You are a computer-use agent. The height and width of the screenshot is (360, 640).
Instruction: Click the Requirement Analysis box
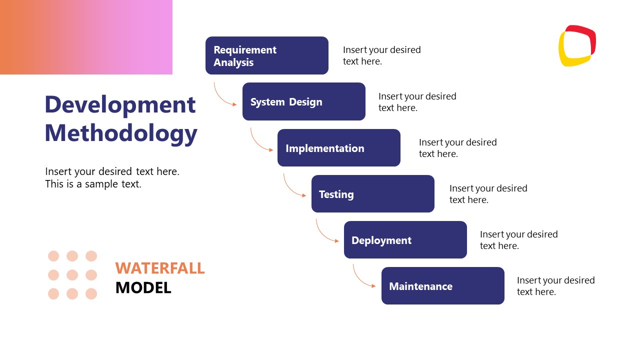tap(266, 55)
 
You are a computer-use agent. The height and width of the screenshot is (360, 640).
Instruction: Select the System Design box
tap(303, 101)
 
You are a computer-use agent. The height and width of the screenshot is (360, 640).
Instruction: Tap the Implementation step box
tap(338, 148)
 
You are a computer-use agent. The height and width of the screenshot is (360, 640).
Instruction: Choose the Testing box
tap(372, 194)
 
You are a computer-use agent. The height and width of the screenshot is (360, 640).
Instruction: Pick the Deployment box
tap(405, 240)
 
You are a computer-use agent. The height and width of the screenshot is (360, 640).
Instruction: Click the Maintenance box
tap(442, 286)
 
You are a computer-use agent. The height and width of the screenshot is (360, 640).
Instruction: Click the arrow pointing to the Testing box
tap(291, 188)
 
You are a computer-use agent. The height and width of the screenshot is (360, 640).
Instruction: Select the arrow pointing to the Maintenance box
tap(360, 279)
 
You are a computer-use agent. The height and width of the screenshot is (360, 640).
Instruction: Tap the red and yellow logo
tap(577, 45)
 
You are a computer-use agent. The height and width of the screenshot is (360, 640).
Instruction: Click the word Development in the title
tap(120, 104)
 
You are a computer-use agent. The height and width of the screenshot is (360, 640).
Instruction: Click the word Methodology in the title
tap(121, 133)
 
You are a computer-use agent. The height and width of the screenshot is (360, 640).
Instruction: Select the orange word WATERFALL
tap(160, 268)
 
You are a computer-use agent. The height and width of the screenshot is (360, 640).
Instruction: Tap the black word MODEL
tap(143, 287)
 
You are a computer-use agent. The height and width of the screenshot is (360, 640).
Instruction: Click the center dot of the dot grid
tap(72, 275)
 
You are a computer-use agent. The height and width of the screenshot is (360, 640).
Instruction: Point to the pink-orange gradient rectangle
tap(86, 37)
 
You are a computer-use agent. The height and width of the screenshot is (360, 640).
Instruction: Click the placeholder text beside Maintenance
tap(555, 286)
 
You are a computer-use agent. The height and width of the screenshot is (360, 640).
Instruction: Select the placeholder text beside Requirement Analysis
tap(381, 55)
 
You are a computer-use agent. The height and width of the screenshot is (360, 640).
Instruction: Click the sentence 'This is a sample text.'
tap(93, 184)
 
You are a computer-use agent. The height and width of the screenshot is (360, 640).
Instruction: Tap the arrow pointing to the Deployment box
tap(324, 234)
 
